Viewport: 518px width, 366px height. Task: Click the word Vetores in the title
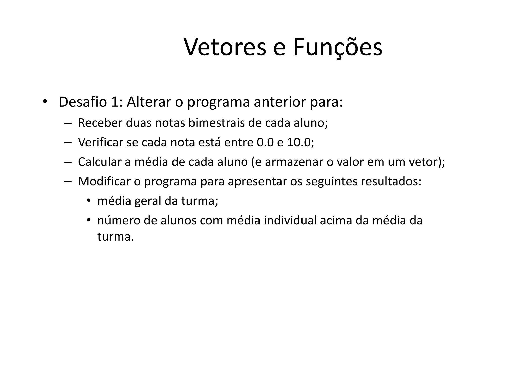225,47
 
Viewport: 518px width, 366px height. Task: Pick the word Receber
100,123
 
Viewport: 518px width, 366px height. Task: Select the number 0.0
265,142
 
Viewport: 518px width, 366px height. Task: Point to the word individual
290,220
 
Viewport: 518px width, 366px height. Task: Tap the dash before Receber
68,123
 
